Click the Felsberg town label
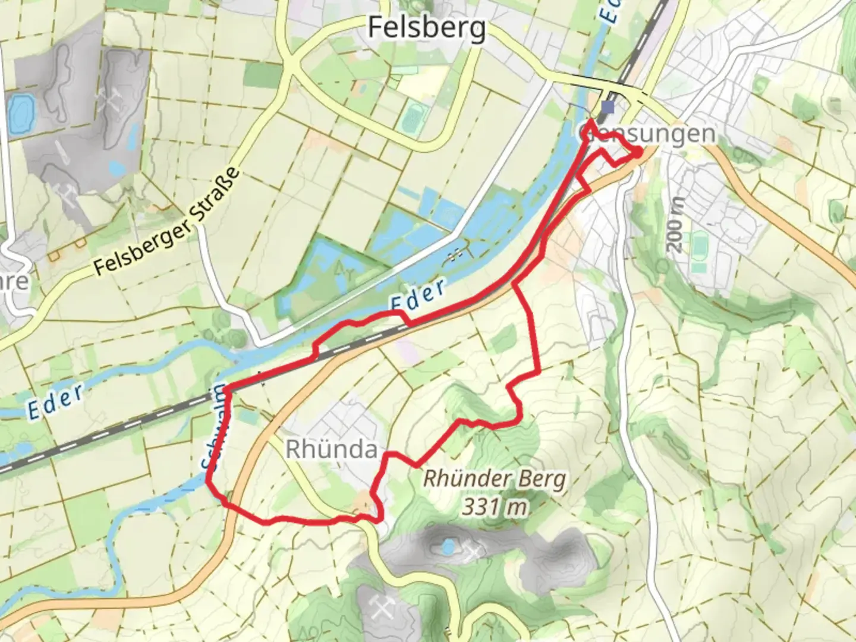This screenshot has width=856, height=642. click(426, 27)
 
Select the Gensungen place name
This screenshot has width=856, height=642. click(648, 133)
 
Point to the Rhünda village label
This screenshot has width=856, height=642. click(331, 449)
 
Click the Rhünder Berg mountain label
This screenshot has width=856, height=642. click(494, 479)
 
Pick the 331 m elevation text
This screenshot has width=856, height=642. click(495, 507)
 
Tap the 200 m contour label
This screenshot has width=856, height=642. click(676, 224)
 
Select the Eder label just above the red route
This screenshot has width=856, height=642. click(418, 295)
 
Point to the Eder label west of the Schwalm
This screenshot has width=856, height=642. click(55, 401)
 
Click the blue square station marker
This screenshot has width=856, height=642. click(607, 107)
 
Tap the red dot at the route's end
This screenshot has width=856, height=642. click(637, 152)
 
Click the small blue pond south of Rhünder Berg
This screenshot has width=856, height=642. click(449, 545)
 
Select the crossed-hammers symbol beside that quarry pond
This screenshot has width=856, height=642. click(474, 553)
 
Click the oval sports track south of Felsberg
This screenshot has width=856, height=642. click(411, 117)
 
